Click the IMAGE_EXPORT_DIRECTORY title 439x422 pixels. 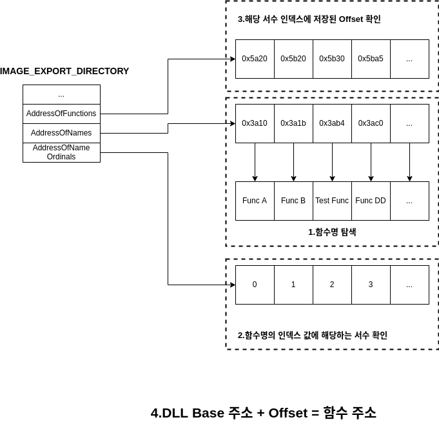tap(64, 71)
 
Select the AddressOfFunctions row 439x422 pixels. tap(61, 114)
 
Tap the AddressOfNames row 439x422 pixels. tap(61, 133)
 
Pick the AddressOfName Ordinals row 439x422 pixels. tap(61, 152)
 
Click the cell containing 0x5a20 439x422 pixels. tap(255, 59)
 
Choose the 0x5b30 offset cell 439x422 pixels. tap(332, 59)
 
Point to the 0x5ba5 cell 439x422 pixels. tap(371, 59)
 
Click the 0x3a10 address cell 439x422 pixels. tap(255, 123)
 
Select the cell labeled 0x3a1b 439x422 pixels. tap(293, 123)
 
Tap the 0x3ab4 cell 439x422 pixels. tap(332, 123)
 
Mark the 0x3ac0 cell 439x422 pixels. tap(371, 123)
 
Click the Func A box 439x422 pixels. tap(255, 201)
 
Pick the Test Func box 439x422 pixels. tap(332, 201)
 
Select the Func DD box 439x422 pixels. tap(371, 201)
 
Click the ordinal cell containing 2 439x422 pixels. tap(332, 285)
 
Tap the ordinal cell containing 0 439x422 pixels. tap(255, 285)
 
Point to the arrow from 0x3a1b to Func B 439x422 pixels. tap(293, 162)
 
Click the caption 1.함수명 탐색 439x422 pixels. tap(332, 232)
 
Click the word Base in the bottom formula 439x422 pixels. tap(208, 413)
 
